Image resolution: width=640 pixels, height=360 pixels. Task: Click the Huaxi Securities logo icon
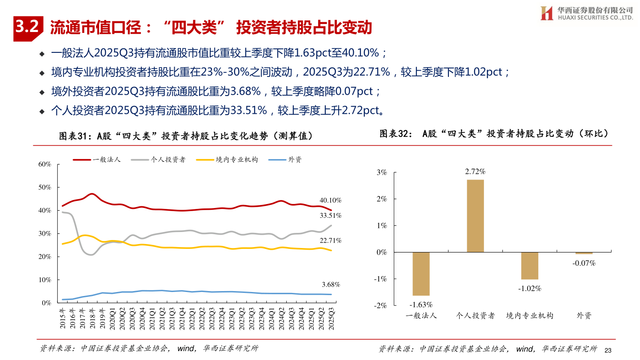point(546,13)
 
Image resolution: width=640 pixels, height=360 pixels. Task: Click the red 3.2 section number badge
point(28,28)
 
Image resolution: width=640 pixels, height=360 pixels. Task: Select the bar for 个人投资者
point(475,216)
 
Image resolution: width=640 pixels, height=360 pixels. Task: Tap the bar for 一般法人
point(421,273)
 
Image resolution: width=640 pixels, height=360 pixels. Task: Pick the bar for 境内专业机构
point(529,265)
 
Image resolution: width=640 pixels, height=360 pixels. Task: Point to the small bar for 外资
point(584,253)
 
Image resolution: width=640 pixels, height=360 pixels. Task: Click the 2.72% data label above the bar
point(475,172)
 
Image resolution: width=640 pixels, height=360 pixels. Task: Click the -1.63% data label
point(421,304)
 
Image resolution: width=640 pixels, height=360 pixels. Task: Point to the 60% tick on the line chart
point(45,164)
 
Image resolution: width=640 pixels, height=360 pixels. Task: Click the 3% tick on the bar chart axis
point(382,172)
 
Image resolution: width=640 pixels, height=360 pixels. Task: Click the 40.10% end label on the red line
point(330,200)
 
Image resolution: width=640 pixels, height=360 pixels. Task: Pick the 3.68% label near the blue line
point(330,284)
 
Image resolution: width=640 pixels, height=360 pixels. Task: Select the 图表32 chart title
point(493,133)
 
